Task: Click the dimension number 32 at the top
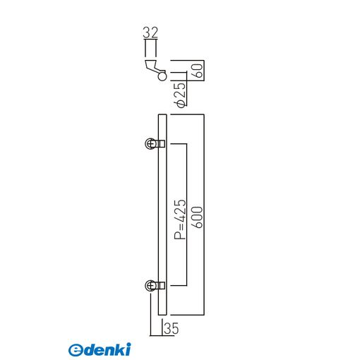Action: (150, 32)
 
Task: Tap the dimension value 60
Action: (198, 71)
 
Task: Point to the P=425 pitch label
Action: (180, 220)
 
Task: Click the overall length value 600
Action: (198, 217)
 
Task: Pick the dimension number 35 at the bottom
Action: (172, 328)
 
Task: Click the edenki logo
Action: (100, 349)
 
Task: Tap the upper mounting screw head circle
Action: (150, 143)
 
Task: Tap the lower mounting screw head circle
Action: (150, 286)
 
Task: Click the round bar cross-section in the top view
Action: (162, 76)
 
